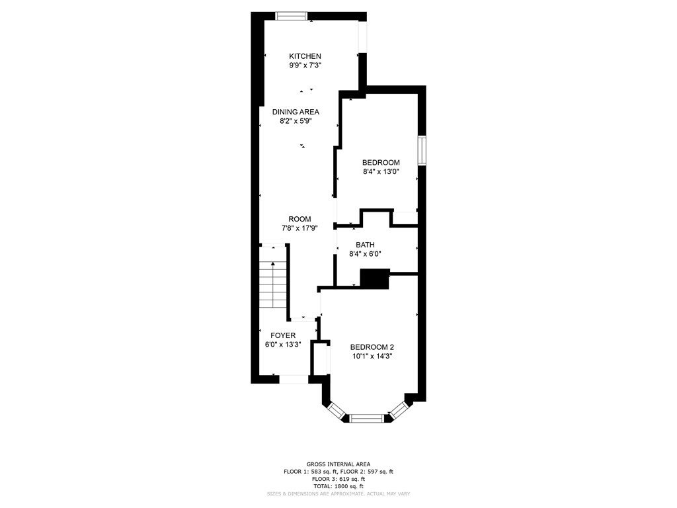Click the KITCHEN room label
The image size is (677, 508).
pos(305,56)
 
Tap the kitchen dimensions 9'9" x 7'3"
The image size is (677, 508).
pos(305,65)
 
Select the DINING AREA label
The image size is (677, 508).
pos(296,112)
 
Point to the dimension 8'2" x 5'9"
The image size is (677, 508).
pos(296,122)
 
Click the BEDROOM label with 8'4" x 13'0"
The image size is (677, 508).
pos(381,163)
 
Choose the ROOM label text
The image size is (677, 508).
pos(299,219)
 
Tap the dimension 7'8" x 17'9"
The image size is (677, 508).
pos(299,228)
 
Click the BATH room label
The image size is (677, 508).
pos(365,245)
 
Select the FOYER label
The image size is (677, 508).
pos(283,335)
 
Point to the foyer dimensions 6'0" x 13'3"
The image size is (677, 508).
pos(283,345)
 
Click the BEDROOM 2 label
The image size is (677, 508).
pos(372,347)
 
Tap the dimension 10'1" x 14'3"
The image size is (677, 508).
pos(372,357)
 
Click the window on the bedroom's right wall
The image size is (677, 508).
pos(422,150)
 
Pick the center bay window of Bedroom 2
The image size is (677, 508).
pos(366,418)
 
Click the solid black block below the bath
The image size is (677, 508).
pos(375,278)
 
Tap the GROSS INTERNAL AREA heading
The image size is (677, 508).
pos(338,464)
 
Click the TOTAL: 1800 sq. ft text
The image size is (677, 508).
pos(338,486)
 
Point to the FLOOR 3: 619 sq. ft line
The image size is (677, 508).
pos(338,479)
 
